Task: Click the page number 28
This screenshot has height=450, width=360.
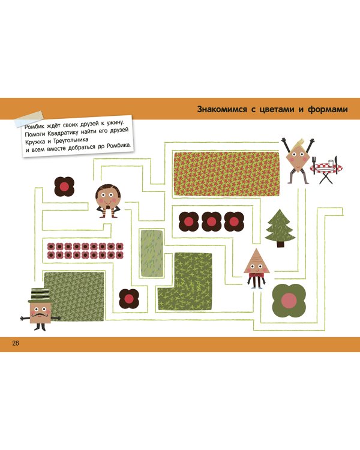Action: (x=16, y=343)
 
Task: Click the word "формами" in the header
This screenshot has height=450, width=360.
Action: (x=328, y=109)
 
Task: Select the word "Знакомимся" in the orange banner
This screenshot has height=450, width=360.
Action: (x=222, y=109)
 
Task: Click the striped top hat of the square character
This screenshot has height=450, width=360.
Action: (x=39, y=295)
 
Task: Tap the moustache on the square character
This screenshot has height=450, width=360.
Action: (x=40, y=315)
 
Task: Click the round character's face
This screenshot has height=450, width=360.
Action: (x=107, y=197)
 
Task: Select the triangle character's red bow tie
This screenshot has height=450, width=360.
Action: (x=257, y=275)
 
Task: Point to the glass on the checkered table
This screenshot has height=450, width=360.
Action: (x=331, y=163)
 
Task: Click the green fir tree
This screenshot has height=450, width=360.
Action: (x=280, y=228)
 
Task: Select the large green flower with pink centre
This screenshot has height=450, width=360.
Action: (x=289, y=301)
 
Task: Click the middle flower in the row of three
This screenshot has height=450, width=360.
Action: (x=211, y=221)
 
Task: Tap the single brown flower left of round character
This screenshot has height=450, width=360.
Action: (x=64, y=187)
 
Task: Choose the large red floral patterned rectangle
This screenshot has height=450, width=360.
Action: (x=227, y=173)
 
